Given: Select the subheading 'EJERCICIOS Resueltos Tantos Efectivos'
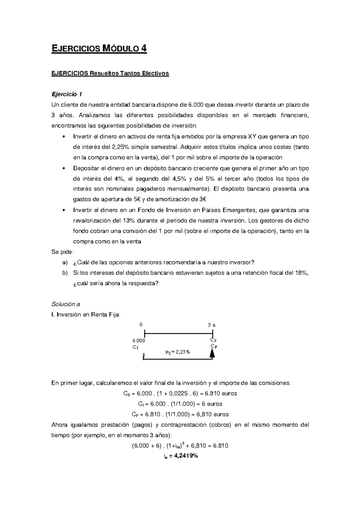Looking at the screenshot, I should pos(110,73).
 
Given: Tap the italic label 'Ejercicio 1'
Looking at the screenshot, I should pos(67,94).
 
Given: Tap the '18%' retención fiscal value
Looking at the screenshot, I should pos(301,273).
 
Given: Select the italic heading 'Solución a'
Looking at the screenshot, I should pos(66,304).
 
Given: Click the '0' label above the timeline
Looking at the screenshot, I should pos(141,325).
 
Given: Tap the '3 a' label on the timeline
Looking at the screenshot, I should pos(211,325).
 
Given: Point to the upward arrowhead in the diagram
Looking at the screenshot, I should pos(212,354).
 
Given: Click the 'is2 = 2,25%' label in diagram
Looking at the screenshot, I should pos(178,352).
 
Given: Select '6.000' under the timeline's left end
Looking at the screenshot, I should pos(139,341).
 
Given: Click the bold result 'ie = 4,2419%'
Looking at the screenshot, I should pos(180,456).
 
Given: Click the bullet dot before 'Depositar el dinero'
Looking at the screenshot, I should pos(63,168).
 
